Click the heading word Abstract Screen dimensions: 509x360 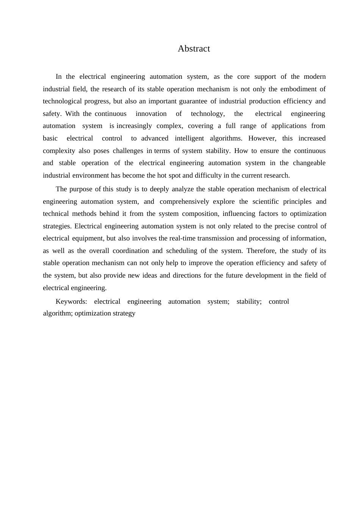[x=194, y=48]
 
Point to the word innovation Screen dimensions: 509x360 [x=151, y=114]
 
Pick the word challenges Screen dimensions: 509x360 [x=128, y=151]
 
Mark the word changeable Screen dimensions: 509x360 [x=309, y=163]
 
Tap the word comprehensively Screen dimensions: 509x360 [x=184, y=201]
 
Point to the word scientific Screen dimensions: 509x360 [x=265, y=201]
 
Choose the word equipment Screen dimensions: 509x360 [x=87, y=238]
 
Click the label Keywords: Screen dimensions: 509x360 [x=71, y=301]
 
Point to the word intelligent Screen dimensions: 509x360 [x=189, y=138]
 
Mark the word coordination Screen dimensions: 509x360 [x=131, y=251]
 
